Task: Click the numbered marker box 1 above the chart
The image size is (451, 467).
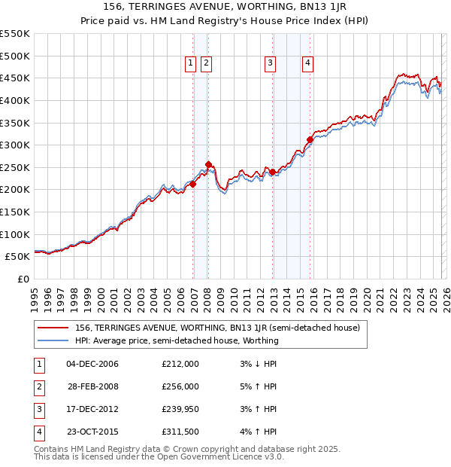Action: (x=190, y=64)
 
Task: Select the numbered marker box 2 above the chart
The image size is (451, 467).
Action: (x=206, y=64)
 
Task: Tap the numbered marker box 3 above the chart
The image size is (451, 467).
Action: (x=270, y=64)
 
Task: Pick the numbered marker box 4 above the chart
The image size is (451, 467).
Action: (x=308, y=64)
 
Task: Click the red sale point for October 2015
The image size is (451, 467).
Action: (x=310, y=139)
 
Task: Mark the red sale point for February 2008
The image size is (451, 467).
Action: (x=208, y=164)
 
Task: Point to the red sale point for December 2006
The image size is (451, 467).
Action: (x=192, y=184)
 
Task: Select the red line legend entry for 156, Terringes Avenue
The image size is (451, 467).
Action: (x=218, y=328)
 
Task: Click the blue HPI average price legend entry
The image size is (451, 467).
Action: (x=177, y=340)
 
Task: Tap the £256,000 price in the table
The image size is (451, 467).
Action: (x=180, y=386)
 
